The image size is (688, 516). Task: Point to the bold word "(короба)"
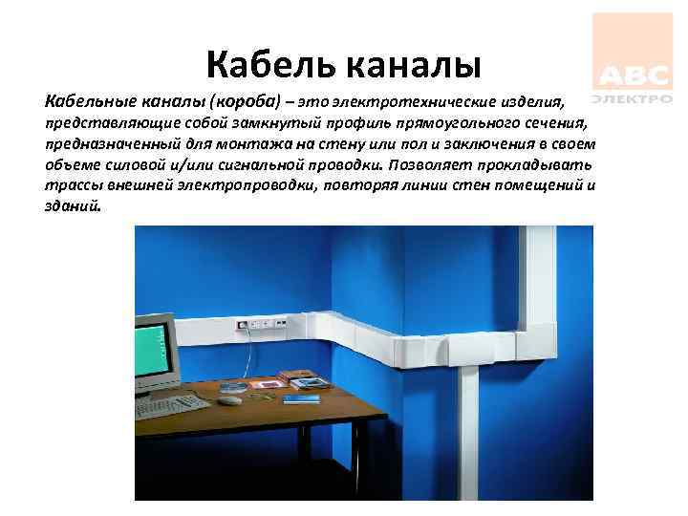point(249,100)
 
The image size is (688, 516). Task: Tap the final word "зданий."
point(72,206)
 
